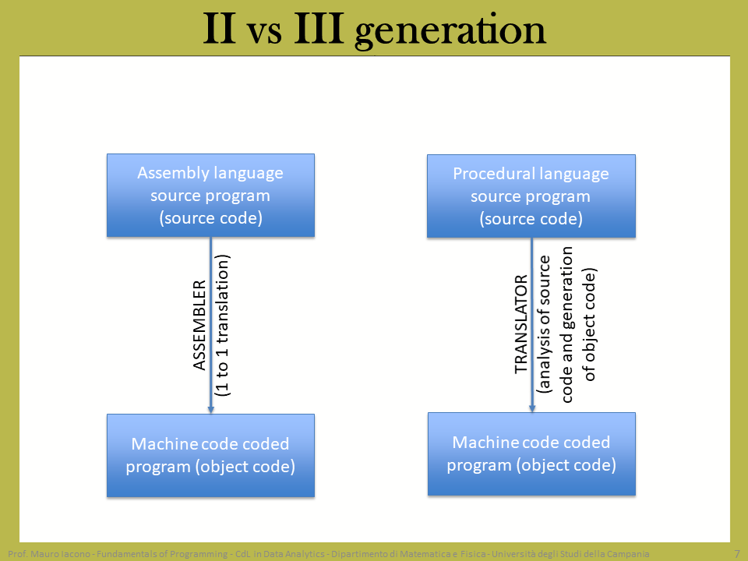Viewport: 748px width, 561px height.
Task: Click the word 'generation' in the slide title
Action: [450, 30]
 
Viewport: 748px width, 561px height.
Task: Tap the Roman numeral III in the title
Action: [319, 29]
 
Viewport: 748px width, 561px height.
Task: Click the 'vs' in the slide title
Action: [264, 34]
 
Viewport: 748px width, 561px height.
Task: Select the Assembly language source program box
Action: [211, 195]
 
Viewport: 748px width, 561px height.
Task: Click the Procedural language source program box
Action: [531, 196]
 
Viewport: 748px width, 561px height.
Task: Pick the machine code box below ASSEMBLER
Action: [211, 456]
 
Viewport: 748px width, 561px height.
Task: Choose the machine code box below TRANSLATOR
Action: [531, 454]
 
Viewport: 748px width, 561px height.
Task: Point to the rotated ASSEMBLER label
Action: [199, 326]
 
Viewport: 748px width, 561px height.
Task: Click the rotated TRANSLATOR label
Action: [521, 324]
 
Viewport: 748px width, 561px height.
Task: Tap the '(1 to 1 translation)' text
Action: [222, 326]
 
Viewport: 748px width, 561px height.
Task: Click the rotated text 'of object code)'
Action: [590, 325]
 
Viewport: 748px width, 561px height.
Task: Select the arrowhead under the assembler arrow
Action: [211, 409]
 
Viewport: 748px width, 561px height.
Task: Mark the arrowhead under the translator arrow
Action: [532, 408]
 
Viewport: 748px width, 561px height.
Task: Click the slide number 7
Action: [737, 554]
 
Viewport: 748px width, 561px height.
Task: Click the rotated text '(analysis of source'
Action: [544, 324]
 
